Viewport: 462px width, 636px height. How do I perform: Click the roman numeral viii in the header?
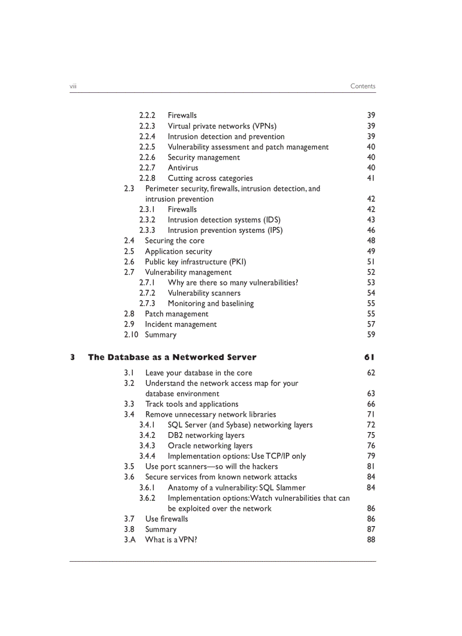coord(73,86)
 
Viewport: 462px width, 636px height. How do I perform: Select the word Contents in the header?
coord(362,86)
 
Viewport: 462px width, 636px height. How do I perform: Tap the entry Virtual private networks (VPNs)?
coord(222,126)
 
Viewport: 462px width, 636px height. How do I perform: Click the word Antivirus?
coord(183,168)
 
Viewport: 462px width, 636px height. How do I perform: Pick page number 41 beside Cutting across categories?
coord(371,178)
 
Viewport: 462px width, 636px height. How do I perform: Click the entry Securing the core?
coord(174,241)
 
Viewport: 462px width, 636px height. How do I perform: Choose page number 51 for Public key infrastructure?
coord(371,262)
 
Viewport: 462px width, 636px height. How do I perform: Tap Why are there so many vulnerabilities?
coord(233,283)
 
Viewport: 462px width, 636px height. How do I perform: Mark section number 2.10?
coord(131,335)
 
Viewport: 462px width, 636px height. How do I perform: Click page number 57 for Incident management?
coord(371,325)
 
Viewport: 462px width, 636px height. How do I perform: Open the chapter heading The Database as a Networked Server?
coord(172,357)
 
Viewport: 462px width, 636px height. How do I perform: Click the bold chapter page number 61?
coord(369,357)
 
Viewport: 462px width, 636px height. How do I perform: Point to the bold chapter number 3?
coord(72,357)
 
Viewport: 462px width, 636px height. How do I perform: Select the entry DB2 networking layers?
coord(206,435)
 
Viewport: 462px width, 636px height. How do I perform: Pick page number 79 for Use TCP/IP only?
coord(371,456)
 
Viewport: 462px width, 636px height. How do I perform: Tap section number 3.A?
coord(130,540)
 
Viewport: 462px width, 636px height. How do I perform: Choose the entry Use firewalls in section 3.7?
coord(166,519)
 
